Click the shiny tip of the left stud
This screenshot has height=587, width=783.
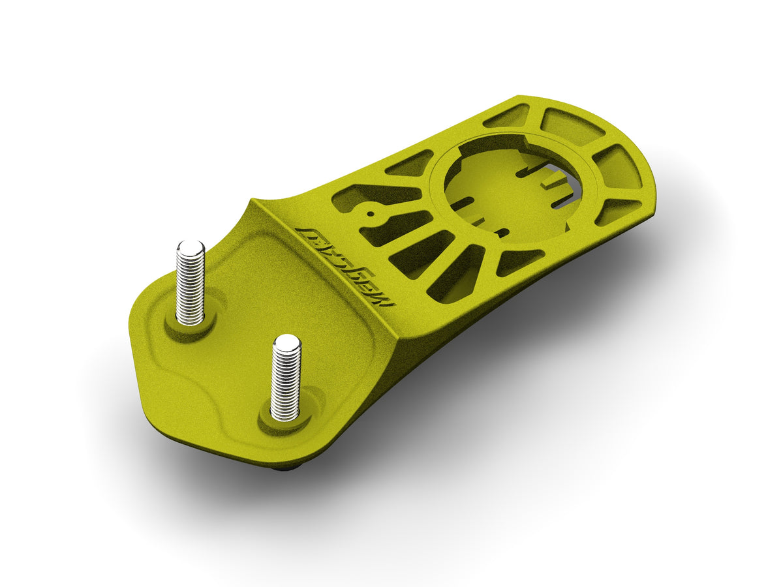coord(191,248)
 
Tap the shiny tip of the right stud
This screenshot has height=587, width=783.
coord(286,342)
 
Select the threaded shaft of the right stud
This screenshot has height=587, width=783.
coord(286,382)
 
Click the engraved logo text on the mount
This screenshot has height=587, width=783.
coord(339,261)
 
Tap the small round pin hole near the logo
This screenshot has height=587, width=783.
coord(370,213)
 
